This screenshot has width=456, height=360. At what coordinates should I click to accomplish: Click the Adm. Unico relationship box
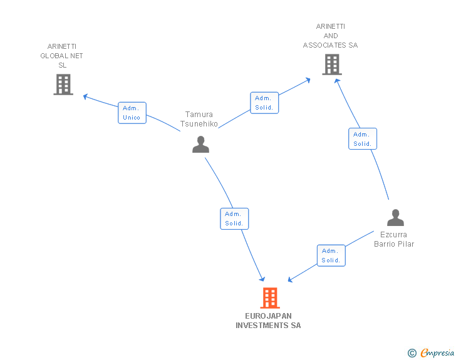132,113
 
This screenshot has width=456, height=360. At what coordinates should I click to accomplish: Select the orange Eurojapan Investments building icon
270,298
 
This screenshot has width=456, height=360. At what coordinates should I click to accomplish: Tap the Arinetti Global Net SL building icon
63,85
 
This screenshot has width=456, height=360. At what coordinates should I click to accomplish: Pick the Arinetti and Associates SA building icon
332,64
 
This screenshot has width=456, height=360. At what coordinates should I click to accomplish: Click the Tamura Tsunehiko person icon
200,144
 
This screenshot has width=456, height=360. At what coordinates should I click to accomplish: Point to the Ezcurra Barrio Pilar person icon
395,217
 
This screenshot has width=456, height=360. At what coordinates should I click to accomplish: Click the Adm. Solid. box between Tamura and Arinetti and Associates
264,103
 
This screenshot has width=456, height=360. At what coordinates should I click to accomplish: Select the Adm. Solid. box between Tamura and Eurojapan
234,219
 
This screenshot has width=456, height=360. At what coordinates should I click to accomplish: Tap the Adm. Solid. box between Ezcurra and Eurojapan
331,255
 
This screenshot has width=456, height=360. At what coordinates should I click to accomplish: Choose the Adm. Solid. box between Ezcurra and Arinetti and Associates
363,139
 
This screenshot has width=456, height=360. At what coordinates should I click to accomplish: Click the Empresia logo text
437,352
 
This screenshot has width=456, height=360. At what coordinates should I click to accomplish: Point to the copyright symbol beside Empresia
412,353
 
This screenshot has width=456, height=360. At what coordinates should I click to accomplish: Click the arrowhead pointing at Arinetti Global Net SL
85,96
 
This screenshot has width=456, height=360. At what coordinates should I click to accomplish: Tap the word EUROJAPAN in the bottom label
268,316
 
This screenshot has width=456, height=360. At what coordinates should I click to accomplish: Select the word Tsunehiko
199,124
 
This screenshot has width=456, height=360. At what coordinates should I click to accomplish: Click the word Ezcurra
393,234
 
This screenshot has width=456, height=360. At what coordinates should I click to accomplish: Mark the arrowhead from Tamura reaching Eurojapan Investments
262,279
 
